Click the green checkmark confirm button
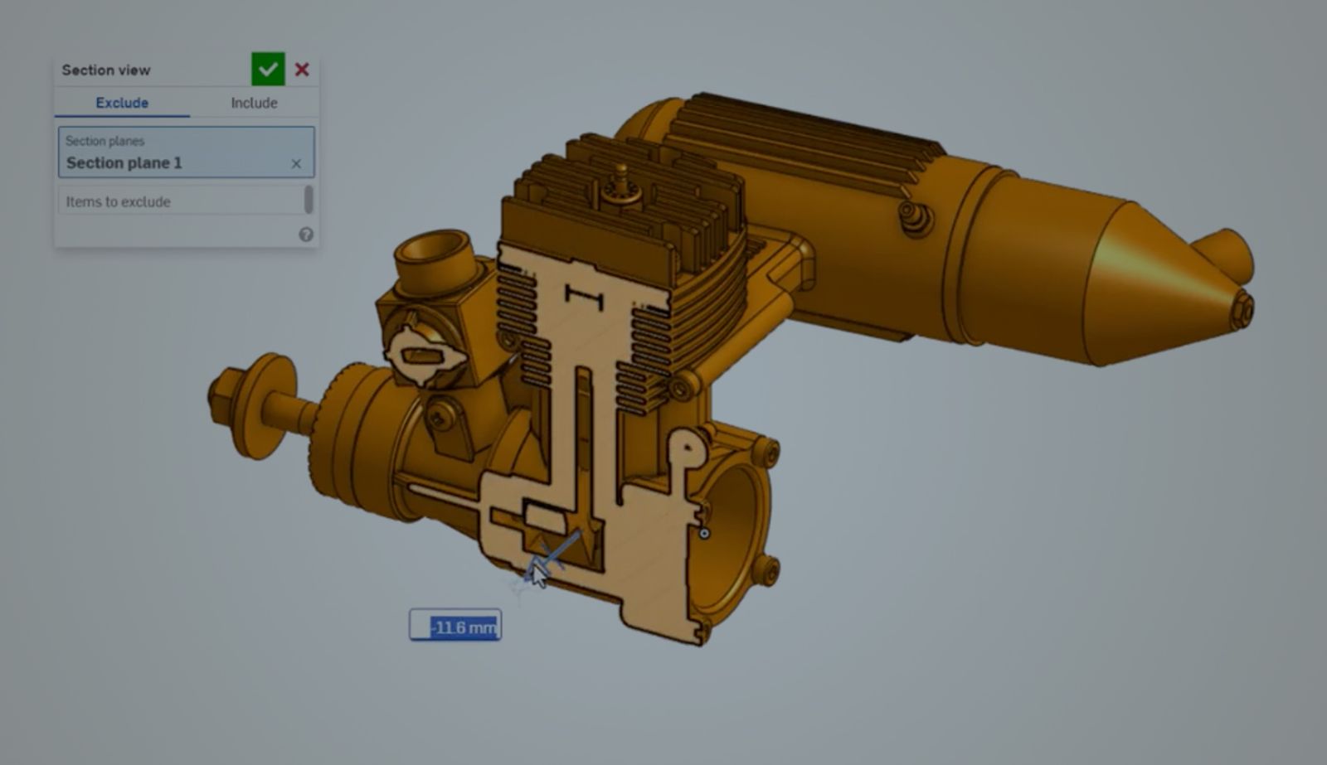pyautogui.click(x=268, y=70)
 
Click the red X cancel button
pyautogui.click(x=302, y=70)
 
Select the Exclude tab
pyautogui.click(x=122, y=103)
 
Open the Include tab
pyautogui.click(x=254, y=103)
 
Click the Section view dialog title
pyautogui.click(x=106, y=70)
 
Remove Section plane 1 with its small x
pyautogui.click(x=296, y=164)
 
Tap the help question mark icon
pyautogui.click(x=306, y=235)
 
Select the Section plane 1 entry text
pyautogui.click(x=124, y=163)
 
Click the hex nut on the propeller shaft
pyautogui.click(x=225, y=395)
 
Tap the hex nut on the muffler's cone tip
pyautogui.click(x=1241, y=309)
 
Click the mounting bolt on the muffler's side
pyautogui.click(x=916, y=218)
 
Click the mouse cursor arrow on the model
pyautogui.click(x=539, y=574)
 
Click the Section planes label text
pyautogui.click(x=105, y=141)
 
